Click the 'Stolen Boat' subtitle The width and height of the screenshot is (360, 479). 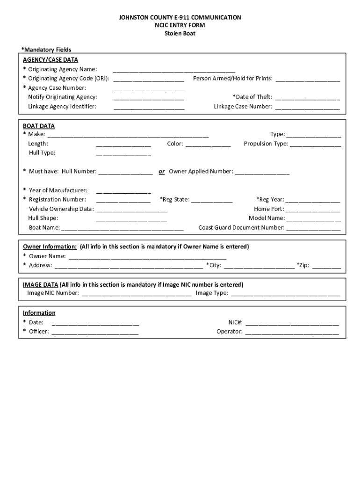point(180,33)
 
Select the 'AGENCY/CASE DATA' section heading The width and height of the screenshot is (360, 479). point(50,59)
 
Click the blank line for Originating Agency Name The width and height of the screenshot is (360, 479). point(174,70)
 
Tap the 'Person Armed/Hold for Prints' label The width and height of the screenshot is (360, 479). point(232,79)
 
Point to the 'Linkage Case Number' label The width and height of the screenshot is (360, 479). point(243,107)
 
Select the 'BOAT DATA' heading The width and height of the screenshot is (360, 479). point(39,126)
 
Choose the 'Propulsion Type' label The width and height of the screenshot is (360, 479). point(266,144)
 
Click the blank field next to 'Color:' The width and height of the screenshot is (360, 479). point(208,145)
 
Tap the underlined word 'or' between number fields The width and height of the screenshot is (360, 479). point(161,172)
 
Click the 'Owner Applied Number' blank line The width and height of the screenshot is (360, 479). point(262,172)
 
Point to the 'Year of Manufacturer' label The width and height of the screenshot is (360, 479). point(58,190)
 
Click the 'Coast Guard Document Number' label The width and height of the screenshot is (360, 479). point(241,228)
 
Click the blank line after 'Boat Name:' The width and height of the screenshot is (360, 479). point(122,228)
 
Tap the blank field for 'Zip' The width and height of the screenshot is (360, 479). point(326,266)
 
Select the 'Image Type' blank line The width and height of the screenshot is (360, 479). point(285,294)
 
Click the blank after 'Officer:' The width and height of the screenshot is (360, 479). point(95,332)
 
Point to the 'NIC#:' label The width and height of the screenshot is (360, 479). point(235,322)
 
